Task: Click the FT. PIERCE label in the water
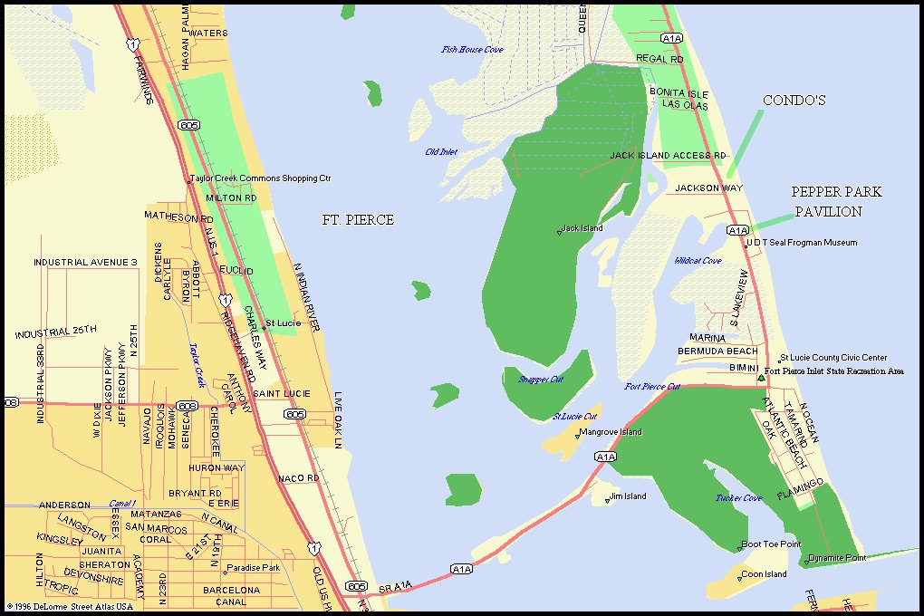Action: click(x=358, y=220)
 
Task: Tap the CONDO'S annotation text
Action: click(x=794, y=101)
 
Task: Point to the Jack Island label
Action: click(x=582, y=228)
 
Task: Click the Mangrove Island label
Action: click(x=611, y=432)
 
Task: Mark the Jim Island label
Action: click(x=628, y=496)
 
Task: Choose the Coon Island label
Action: click(x=764, y=574)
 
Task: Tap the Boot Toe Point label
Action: click(x=771, y=544)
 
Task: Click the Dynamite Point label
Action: click(x=837, y=557)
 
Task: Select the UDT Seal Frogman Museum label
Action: click(x=803, y=243)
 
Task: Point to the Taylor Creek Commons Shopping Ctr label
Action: click(x=261, y=178)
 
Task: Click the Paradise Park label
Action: click(x=254, y=570)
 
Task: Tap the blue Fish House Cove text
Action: click(x=472, y=50)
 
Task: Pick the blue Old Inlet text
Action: click(x=441, y=152)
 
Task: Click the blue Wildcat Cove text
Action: click(x=698, y=261)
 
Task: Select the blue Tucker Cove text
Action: click(x=738, y=498)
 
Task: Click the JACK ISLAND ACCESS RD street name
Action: click(x=668, y=156)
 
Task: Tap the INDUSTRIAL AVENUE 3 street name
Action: click(x=85, y=263)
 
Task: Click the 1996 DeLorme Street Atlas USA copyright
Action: click(x=70, y=606)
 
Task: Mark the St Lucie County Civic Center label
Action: click(x=833, y=358)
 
